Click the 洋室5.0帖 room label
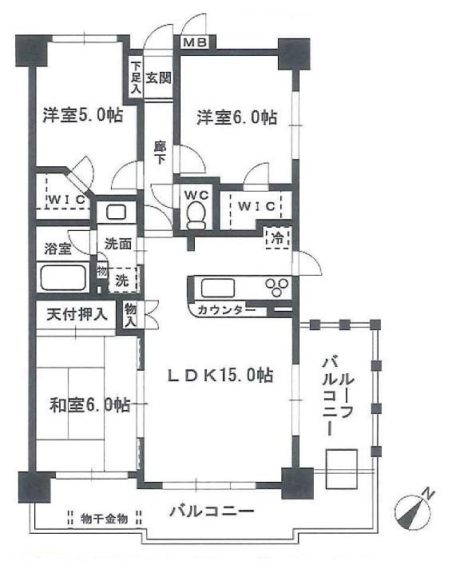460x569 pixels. (x=82, y=116)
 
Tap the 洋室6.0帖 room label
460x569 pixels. (x=237, y=117)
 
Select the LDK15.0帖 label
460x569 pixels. (x=220, y=374)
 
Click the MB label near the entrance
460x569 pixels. (x=194, y=43)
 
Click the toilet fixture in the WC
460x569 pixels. (x=195, y=213)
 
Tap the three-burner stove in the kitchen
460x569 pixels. (x=280, y=287)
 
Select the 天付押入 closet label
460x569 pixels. (x=76, y=313)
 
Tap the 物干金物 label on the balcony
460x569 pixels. (x=105, y=519)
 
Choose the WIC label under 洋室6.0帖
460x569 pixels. (x=256, y=206)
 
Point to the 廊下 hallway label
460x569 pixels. (x=160, y=153)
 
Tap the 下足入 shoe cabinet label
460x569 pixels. (x=137, y=78)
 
